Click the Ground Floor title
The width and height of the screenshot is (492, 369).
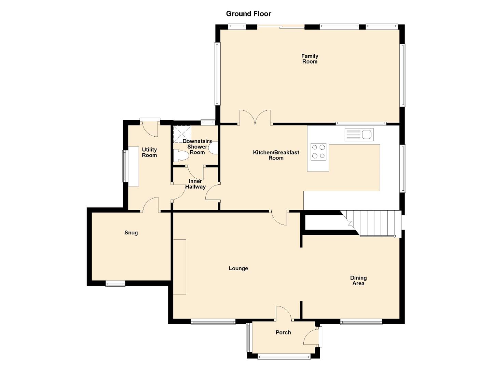coord(248,14)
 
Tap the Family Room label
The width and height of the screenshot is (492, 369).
coord(310,59)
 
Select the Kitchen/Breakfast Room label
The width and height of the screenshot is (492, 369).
coord(276,155)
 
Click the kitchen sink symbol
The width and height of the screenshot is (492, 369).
coord(359,134)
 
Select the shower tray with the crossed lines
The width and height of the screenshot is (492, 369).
coord(182,134)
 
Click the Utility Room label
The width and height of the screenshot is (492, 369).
coord(149,152)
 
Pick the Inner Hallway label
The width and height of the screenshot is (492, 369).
coord(195,184)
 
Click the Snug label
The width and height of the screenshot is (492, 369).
coord(131,233)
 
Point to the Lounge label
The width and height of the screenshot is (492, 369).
coord(238,269)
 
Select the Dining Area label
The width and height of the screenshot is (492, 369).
coord(358,281)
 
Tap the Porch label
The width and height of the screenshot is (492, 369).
coord(283,332)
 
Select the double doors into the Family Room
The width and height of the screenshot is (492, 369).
coord(255,118)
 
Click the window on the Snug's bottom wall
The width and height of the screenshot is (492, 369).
coord(115,283)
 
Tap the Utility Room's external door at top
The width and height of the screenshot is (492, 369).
coord(150,127)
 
